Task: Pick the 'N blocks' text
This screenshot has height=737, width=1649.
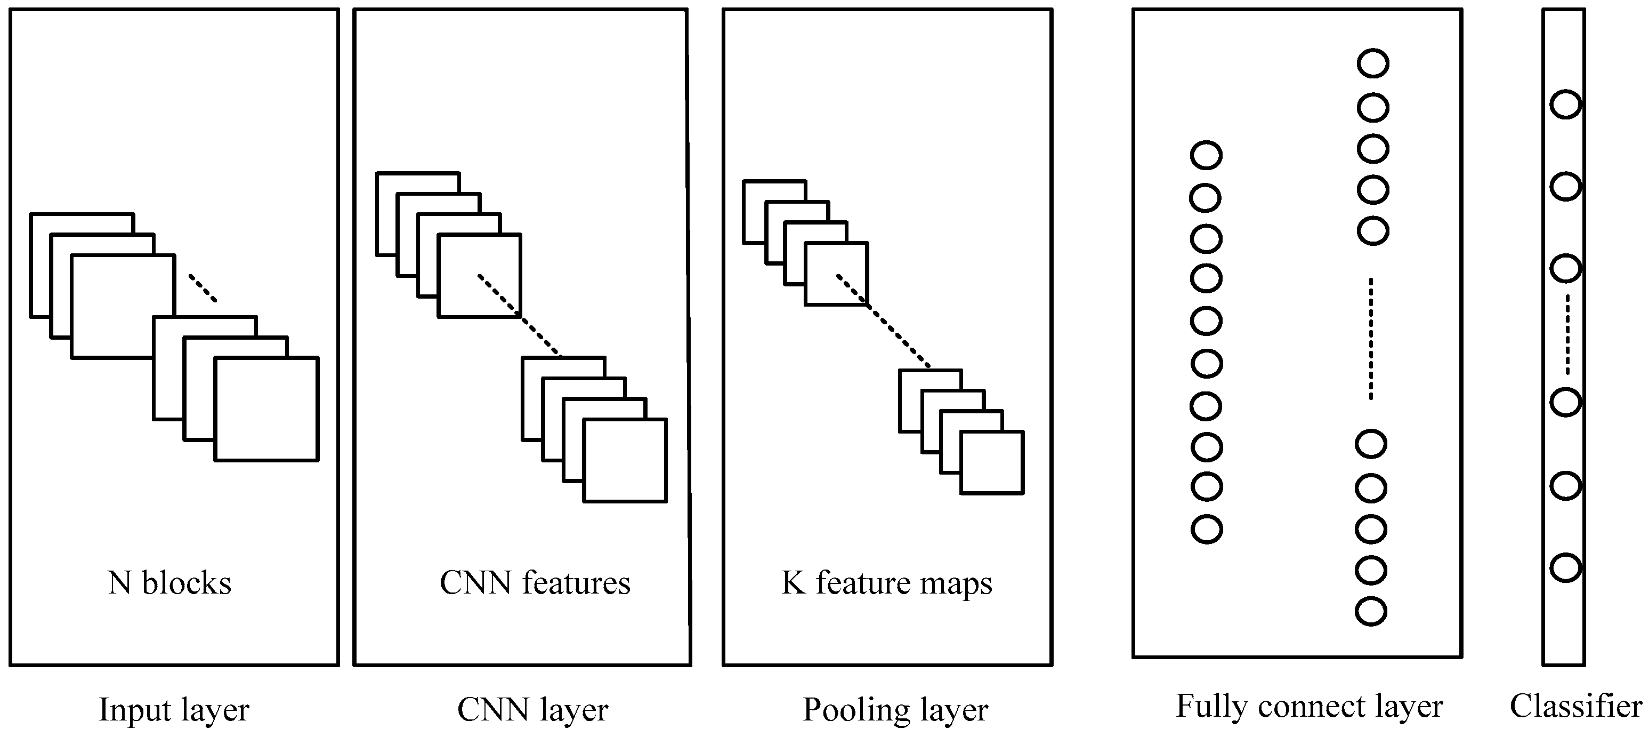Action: coord(169,583)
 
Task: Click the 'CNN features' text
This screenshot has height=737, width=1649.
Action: coord(535,583)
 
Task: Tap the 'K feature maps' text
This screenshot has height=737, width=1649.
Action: coord(887,583)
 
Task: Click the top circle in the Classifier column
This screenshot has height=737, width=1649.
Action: coord(1565,105)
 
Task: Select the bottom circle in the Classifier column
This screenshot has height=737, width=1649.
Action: coord(1565,567)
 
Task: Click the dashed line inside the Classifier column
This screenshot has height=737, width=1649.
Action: coord(1567,334)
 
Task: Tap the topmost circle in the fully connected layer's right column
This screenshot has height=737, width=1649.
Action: coord(1372,64)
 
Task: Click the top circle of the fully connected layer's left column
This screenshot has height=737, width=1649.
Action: coord(1206,156)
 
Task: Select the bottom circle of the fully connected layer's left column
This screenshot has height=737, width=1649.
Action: coord(1206,530)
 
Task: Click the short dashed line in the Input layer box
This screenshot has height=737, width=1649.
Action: coord(203,288)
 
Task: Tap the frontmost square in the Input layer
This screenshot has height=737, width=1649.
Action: coord(266,409)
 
